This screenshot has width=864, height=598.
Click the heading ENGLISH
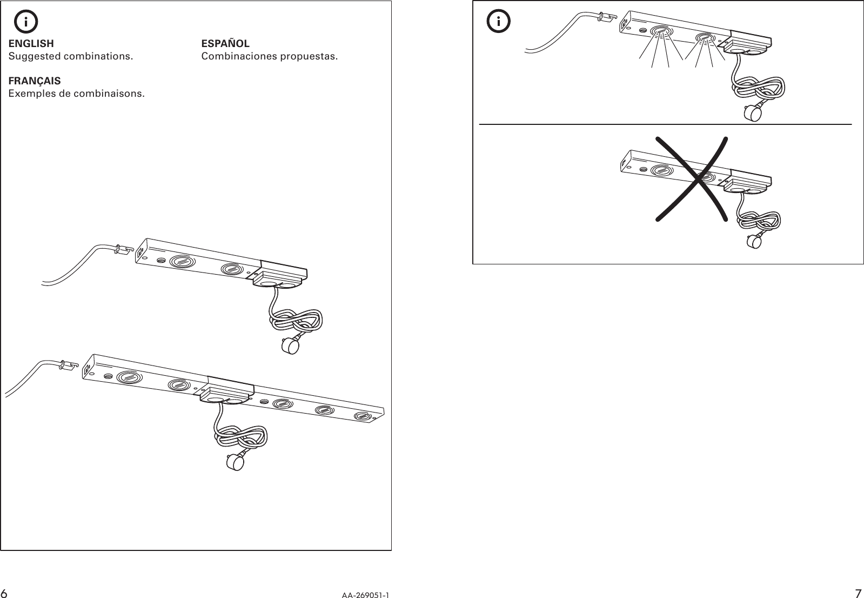coord(31,43)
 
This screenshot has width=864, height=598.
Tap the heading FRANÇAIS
coord(35,81)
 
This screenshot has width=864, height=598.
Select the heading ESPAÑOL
coord(225,43)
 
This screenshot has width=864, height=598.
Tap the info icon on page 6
coord(26,22)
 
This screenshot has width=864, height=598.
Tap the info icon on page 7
coord(498,22)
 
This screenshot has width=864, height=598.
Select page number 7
coord(858,593)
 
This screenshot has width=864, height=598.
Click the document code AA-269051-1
coord(365,595)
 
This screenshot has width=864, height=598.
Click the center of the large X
coord(692,178)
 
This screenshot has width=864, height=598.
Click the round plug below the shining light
coord(752,114)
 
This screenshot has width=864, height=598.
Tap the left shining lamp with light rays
coord(660,31)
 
